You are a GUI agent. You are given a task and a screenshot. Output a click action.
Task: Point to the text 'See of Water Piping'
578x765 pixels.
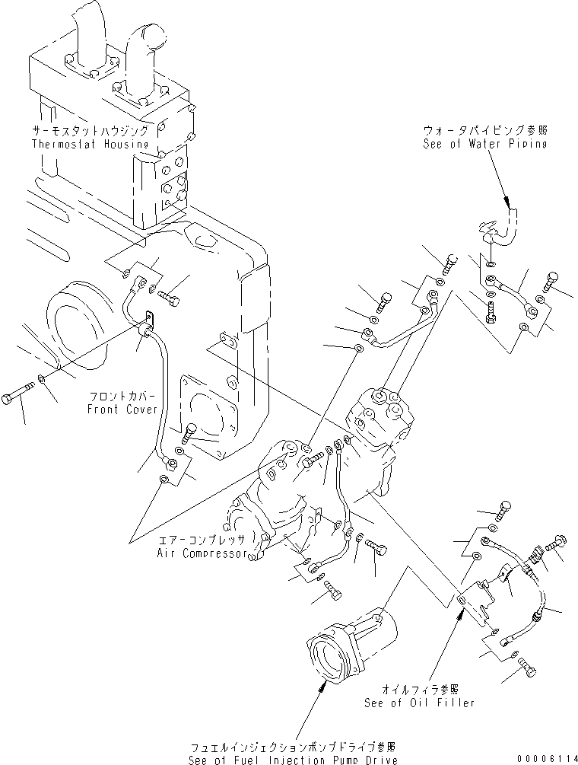click(x=484, y=144)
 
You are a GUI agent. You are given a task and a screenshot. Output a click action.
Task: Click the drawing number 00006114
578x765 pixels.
click(x=544, y=758)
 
